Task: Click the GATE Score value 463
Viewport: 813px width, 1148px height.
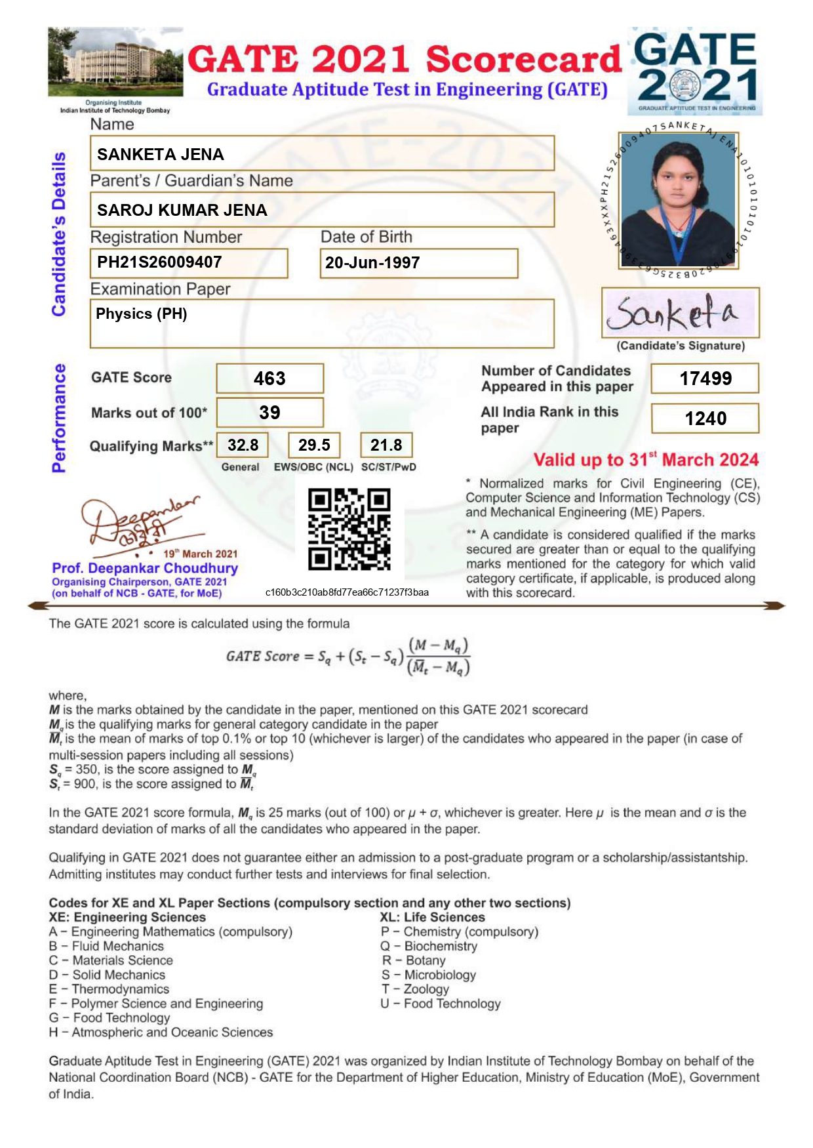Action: [x=269, y=379]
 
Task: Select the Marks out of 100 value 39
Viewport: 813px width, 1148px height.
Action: [x=269, y=413]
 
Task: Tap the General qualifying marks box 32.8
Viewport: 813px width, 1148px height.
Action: [x=243, y=445]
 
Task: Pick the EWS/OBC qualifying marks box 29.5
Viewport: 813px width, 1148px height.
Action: [x=314, y=445]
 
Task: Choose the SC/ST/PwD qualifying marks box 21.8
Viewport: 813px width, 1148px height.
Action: [x=386, y=445]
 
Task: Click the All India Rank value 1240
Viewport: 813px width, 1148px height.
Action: [x=705, y=419]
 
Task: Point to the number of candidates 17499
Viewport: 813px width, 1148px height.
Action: [x=705, y=379]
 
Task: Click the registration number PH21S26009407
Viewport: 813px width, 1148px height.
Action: [x=159, y=262]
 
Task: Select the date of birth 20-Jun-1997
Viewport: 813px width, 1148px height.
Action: [x=372, y=263]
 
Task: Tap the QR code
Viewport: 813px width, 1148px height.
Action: [x=349, y=529]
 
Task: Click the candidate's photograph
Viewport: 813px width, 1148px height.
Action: [x=678, y=200]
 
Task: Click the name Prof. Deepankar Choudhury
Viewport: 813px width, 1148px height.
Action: [x=145, y=568]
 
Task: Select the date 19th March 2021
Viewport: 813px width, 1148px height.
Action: [x=200, y=554]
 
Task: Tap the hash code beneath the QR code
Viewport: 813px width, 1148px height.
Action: [x=347, y=592]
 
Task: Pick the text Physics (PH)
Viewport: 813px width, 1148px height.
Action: [x=142, y=314]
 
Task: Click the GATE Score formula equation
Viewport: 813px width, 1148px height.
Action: [x=348, y=656]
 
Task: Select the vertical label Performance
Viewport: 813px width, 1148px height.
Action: [x=59, y=418]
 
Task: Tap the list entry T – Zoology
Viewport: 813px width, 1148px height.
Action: [x=416, y=989]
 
